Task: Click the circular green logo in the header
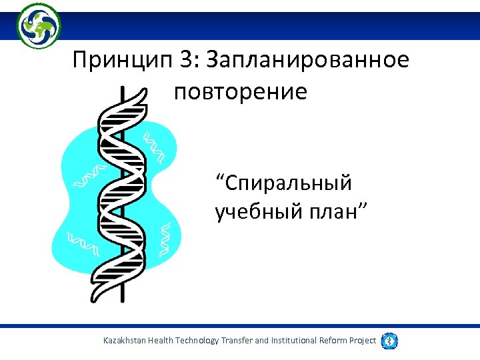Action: [38, 25]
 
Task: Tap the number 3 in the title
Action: [185, 61]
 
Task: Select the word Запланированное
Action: [308, 61]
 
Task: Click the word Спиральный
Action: [284, 181]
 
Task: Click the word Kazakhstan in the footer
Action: [128, 341]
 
